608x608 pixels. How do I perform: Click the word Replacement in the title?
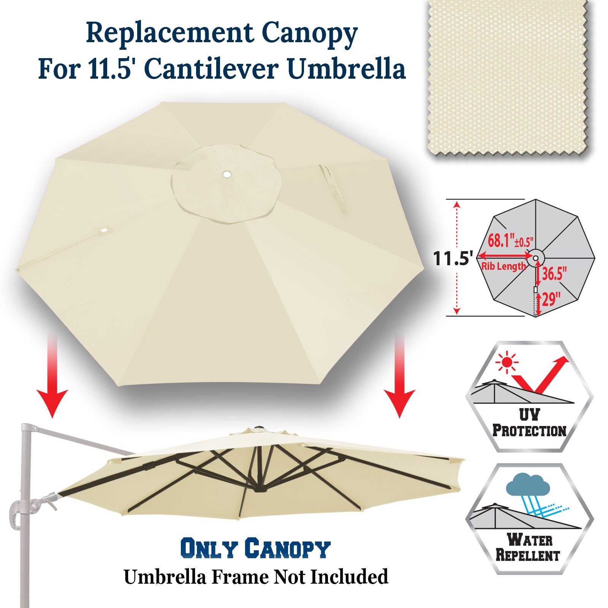click(x=169, y=33)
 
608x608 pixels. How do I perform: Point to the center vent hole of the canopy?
click(x=227, y=174)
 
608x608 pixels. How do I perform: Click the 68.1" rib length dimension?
click(x=510, y=241)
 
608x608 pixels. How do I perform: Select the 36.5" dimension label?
click(x=554, y=273)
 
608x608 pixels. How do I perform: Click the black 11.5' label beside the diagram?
click(x=453, y=258)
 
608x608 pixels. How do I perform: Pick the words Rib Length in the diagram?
click(x=503, y=266)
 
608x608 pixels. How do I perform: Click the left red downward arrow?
click(x=52, y=376)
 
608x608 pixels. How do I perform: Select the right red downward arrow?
click(x=399, y=376)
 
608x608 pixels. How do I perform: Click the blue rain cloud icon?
click(x=528, y=486)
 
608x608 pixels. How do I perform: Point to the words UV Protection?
click(x=529, y=423)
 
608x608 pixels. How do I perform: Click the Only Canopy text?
click(x=255, y=548)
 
